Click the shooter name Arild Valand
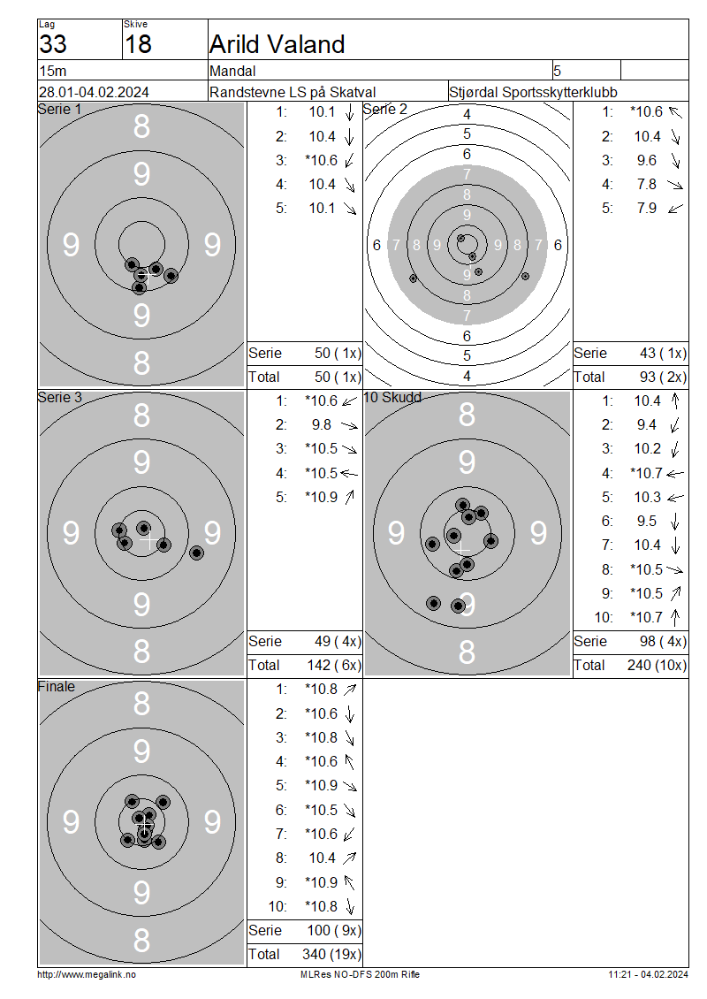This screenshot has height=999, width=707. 277,44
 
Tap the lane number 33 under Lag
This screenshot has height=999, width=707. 53,44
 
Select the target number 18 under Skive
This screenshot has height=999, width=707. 138,44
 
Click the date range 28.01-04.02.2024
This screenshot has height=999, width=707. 95,92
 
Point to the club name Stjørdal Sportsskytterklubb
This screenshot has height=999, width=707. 533,92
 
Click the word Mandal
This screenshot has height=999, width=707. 232,72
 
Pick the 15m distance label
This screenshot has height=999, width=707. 53,72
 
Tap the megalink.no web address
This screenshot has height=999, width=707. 87,975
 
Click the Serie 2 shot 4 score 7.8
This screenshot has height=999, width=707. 647,184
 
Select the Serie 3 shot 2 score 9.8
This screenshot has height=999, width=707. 322,425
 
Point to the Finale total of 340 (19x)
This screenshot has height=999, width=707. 331,955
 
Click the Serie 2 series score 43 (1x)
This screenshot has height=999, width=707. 663,354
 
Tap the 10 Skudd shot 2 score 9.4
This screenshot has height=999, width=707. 647,425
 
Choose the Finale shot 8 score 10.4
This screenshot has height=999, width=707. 323,858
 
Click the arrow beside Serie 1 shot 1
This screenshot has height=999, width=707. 349,112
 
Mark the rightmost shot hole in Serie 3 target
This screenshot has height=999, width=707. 197,553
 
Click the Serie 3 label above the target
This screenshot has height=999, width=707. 60,398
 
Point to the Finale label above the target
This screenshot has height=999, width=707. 56,687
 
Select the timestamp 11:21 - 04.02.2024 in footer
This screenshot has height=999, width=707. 648,975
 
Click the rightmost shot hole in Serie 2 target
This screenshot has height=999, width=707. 526,277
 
